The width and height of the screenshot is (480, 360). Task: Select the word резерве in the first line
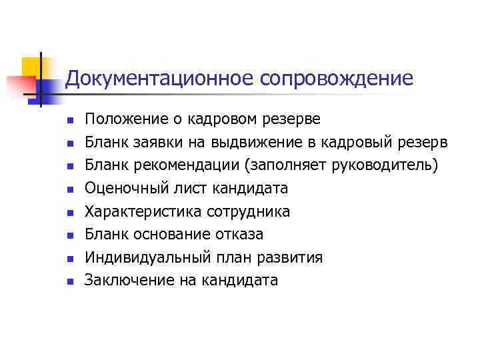[293, 119]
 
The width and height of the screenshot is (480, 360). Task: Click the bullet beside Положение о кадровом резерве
[69, 121]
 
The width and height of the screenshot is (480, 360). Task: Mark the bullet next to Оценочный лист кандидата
[69, 190]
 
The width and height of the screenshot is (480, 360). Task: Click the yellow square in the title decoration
[31, 67]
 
